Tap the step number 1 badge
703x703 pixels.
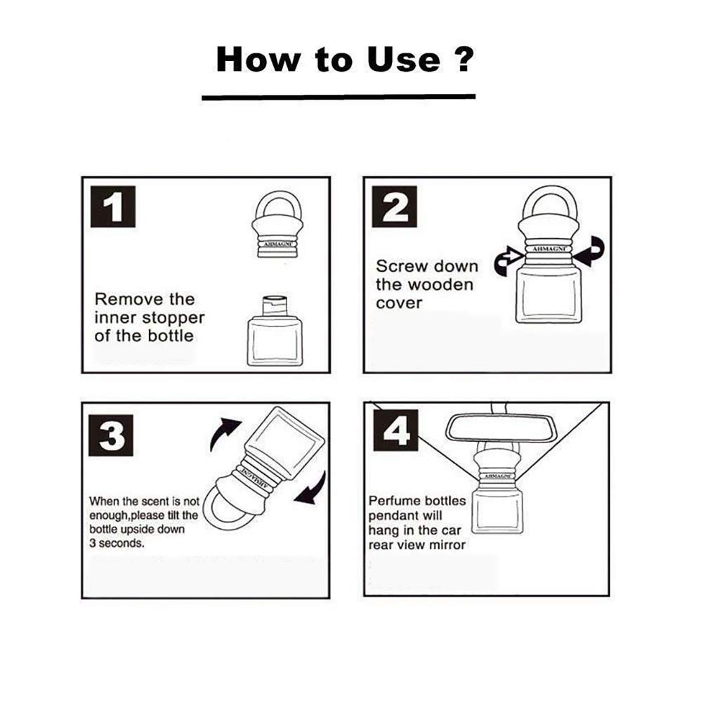pyautogui.click(x=114, y=206)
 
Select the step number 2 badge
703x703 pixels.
pyautogui.click(x=395, y=206)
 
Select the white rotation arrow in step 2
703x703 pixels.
pyautogui.click(x=508, y=259)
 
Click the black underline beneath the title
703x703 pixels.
pyautogui.click(x=339, y=97)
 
